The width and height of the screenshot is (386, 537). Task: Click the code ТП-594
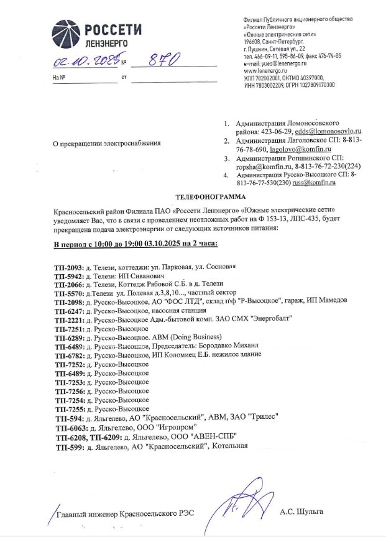68,418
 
